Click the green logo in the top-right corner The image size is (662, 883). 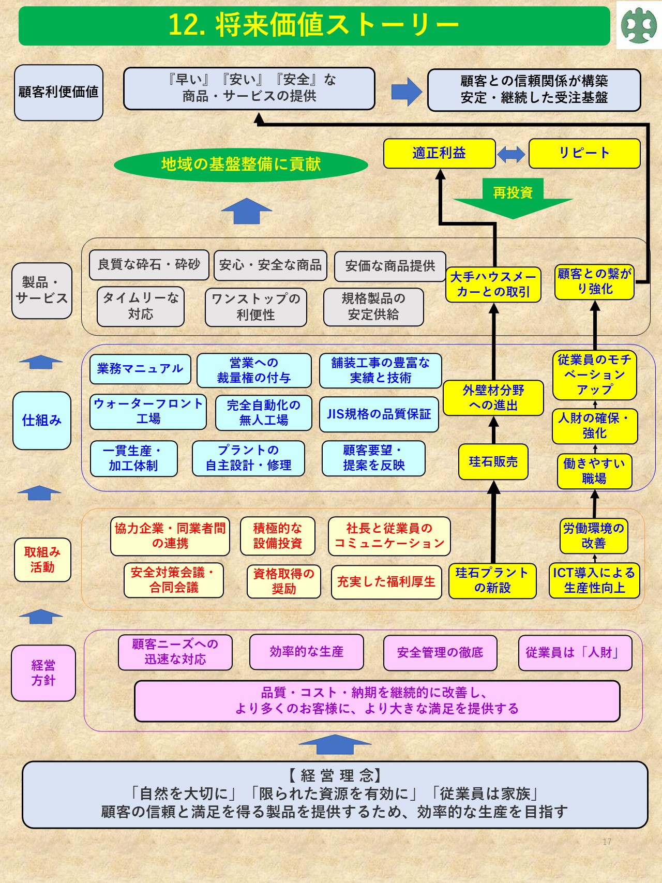(x=639, y=25)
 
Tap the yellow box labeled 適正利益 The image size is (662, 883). (x=439, y=153)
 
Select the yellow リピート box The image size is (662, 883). (x=584, y=153)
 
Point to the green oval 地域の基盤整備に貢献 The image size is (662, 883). (x=241, y=164)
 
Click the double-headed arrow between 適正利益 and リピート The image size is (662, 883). (x=511, y=154)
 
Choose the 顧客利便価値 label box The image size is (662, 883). (x=58, y=92)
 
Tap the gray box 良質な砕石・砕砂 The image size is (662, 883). (x=149, y=265)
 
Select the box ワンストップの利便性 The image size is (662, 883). (x=255, y=307)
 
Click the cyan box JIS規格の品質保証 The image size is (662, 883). (x=379, y=414)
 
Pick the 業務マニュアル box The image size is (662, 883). (x=140, y=369)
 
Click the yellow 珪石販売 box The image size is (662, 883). (x=493, y=462)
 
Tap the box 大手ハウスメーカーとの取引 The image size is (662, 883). (x=493, y=285)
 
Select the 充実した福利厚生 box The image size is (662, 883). (x=386, y=582)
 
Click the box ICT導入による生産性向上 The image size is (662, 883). (x=594, y=580)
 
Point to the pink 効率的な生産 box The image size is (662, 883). (x=306, y=652)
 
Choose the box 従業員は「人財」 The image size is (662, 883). (x=575, y=653)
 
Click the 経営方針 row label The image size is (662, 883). (x=43, y=673)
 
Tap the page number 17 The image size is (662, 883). (x=607, y=842)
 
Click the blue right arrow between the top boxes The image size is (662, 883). (x=407, y=92)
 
